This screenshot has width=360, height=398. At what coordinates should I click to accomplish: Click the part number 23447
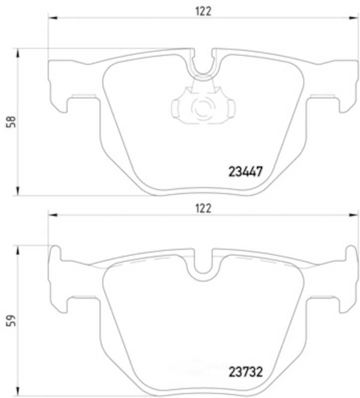tap(245, 172)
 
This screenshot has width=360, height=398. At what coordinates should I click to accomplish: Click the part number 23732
tap(246, 372)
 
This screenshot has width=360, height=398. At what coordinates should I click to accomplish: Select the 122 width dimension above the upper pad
tap(203, 11)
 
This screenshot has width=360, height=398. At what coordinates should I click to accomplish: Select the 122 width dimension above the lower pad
tap(203, 208)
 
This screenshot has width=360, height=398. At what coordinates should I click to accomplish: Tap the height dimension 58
tap(11, 122)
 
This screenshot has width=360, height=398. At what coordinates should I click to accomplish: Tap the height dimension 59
tap(11, 320)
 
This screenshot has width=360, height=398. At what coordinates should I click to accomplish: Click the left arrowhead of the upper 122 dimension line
tap(53, 18)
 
